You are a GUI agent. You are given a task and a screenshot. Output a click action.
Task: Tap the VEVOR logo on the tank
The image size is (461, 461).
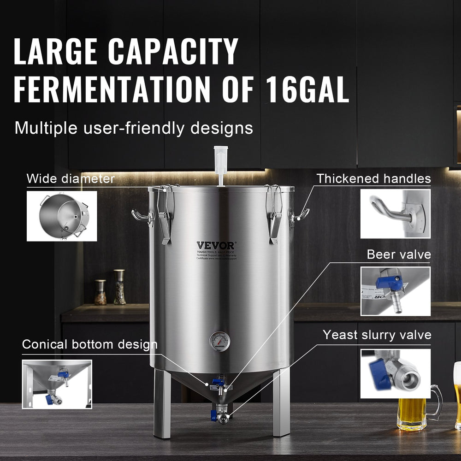point(215,245)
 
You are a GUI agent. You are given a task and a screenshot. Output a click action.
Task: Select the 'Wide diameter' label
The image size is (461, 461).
point(71,178)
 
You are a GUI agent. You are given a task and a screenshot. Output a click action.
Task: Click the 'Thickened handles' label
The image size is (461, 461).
point(373,178)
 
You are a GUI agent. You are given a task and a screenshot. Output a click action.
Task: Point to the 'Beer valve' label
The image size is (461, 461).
point(399,254)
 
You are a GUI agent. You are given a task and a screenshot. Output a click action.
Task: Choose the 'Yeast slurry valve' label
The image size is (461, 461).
point(377,335)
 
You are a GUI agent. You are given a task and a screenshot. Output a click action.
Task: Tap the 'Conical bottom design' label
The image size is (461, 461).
point(90,344)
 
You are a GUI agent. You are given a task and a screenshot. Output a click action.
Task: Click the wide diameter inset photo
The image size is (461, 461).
point(62,216)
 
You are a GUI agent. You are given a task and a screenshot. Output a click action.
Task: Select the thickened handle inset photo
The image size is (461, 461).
point(395,213)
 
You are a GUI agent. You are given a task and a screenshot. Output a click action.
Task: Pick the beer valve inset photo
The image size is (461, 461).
point(395,291)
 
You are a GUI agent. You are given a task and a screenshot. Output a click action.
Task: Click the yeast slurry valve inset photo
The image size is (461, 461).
point(395,373)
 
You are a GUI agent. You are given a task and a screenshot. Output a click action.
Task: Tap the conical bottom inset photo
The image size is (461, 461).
point(57,384)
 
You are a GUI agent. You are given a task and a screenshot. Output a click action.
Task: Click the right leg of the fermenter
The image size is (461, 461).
point(281,401)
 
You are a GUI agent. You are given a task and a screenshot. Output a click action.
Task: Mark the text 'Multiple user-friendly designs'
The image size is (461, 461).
point(134,128)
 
